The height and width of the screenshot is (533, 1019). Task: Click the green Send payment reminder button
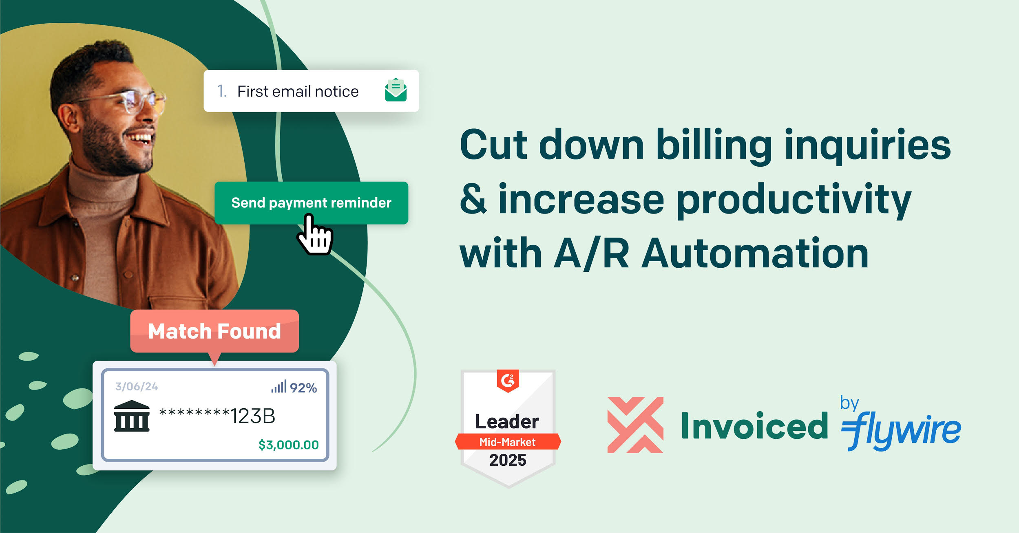coord(311,203)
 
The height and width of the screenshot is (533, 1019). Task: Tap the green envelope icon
coord(396,90)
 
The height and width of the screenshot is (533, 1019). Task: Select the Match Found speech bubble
coord(214,332)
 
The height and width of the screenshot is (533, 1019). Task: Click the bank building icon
coord(132,416)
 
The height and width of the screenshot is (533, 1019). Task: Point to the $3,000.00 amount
coord(289,445)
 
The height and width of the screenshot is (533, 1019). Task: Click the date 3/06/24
coord(137,386)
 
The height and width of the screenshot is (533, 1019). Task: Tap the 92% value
coord(303,388)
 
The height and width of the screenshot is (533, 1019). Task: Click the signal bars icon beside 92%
coord(279,386)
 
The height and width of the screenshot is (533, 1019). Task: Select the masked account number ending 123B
coord(217,416)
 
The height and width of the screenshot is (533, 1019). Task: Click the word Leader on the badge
coord(507,421)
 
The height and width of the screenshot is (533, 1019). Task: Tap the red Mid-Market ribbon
coord(508,442)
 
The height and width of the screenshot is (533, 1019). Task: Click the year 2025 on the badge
coord(508,460)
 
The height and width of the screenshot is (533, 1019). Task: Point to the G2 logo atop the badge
coord(508,381)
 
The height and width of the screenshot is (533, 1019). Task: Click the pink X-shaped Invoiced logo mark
coord(635,425)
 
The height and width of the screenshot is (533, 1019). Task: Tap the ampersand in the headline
coord(473,198)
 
